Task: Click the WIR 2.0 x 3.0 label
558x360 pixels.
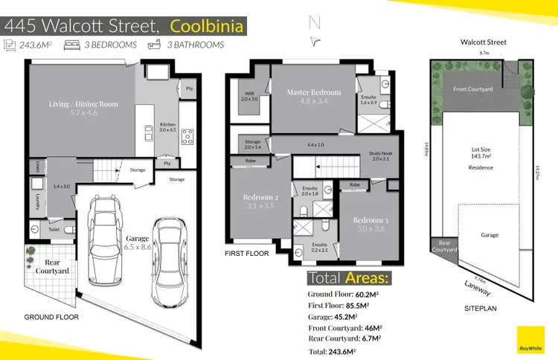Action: pos(249,96)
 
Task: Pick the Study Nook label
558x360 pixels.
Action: pos(379,155)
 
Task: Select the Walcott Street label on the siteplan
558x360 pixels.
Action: pos(484,42)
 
